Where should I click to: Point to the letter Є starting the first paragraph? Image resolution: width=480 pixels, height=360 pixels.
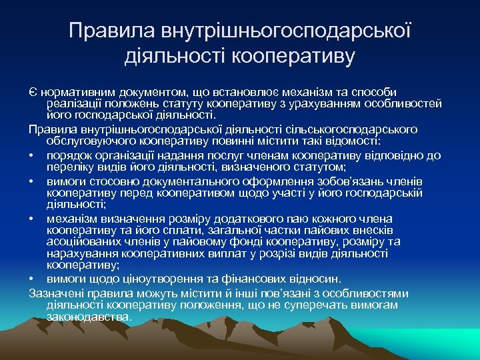pyautogui.click(x=32, y=92)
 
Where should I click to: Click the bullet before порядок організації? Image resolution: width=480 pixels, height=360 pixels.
pyautogui.click(x=32, y=155)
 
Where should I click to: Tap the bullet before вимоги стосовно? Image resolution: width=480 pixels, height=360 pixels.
pyautogui.click(x=32, y=180)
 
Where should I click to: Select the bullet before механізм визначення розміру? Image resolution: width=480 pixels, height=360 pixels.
pyautogui.click(x=32, y=218)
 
